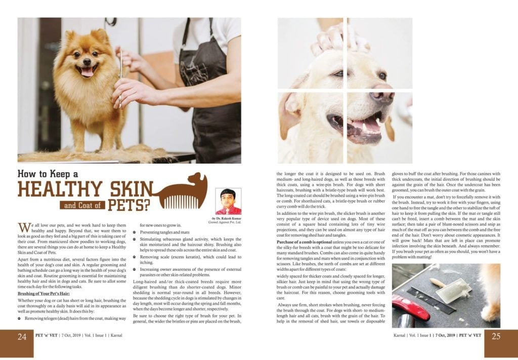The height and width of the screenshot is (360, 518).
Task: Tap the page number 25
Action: [x=496, y=336]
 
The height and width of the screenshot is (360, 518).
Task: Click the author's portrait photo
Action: [x=228, y=202]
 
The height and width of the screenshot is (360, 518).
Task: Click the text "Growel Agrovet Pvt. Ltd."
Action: [x=225, y=222]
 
